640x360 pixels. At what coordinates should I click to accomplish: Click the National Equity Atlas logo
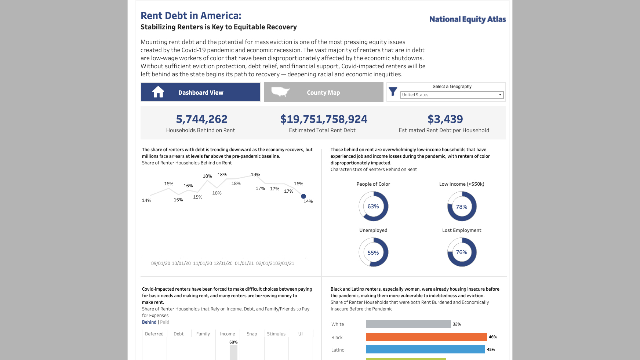pyautogui.click(x=467, y=19)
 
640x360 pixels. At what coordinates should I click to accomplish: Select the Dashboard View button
pyautogui.click(x=200, y=92)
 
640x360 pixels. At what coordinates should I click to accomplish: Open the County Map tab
pyautogui.click(x=323, y=92)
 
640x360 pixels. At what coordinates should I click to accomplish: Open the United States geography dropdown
pyautogui.click(x=452, y=95)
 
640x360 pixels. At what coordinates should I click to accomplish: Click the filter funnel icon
pyautogui.click(x=393, y=92)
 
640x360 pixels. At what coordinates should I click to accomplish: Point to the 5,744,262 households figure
pyautogui.click(x=201, y=119)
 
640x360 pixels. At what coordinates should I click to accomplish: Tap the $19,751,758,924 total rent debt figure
pyautogui.click(x=323, y=119)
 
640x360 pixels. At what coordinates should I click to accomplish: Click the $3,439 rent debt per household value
pyautogui.click(x=445, y=119)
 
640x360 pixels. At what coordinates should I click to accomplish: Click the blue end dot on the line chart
pyautogui.click(x=303, y=196)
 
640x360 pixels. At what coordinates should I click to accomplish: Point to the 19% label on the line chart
pyautogui.click(x=255, y=175)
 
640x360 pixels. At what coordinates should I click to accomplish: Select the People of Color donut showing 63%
pyautogui.click(x=373, y=207)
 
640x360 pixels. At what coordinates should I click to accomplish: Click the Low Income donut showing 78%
pyautogui.click(x=462, y=207)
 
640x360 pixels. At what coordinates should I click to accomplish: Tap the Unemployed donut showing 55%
pyautogui.click(x=373, y=252)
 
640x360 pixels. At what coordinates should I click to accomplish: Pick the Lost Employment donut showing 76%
pyautogui.click(x=462, y=252)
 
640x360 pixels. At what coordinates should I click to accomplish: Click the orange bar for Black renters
pyautogui.click(x=426, y=337)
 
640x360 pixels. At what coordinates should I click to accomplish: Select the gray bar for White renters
pyautogui.click(x=408, y=324)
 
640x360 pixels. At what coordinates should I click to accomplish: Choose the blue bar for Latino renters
pyautogui.click(x=425, y=349)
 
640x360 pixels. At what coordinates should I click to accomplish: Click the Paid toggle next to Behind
pyautogui.click(x=164, y=322)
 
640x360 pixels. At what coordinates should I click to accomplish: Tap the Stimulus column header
pyautogui.click(x=276, y=334)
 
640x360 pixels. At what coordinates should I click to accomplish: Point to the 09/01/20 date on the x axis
pyautogui.click(x=161, y=263)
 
